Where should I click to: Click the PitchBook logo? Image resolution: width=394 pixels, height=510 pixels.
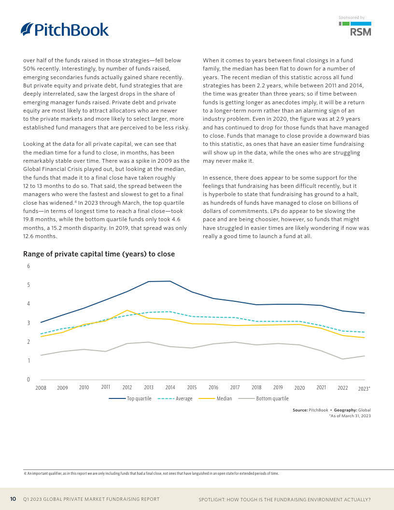[x=65, y=29]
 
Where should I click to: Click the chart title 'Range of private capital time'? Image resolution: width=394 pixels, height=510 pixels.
[x=99, y=254]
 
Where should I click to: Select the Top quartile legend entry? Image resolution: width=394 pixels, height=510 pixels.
[x=130, y=398]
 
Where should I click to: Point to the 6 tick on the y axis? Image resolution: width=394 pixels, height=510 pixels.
[x=28, y=266]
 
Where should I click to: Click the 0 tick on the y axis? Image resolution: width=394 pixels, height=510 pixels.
[x=28, y=380]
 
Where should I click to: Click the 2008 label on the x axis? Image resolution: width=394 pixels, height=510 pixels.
[x=41, y=388]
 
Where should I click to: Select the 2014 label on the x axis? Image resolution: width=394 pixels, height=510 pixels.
[x=170, y=388]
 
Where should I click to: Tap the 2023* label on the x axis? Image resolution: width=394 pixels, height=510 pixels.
[x=365, y=388]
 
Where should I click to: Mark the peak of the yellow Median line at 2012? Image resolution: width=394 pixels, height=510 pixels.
[x=127, y=310]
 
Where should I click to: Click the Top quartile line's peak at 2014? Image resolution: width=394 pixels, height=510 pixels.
[x=170, y=281]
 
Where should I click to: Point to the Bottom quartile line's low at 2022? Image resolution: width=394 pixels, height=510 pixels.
[x=343, y=359]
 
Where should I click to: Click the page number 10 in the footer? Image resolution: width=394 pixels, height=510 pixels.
[x=14, y=499]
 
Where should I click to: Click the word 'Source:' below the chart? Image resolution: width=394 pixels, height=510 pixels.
[x=300, y=410]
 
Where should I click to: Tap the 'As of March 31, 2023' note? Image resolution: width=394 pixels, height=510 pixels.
[x=350, y=416]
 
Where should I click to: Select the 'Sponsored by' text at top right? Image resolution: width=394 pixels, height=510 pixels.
[x=352, y=17]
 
